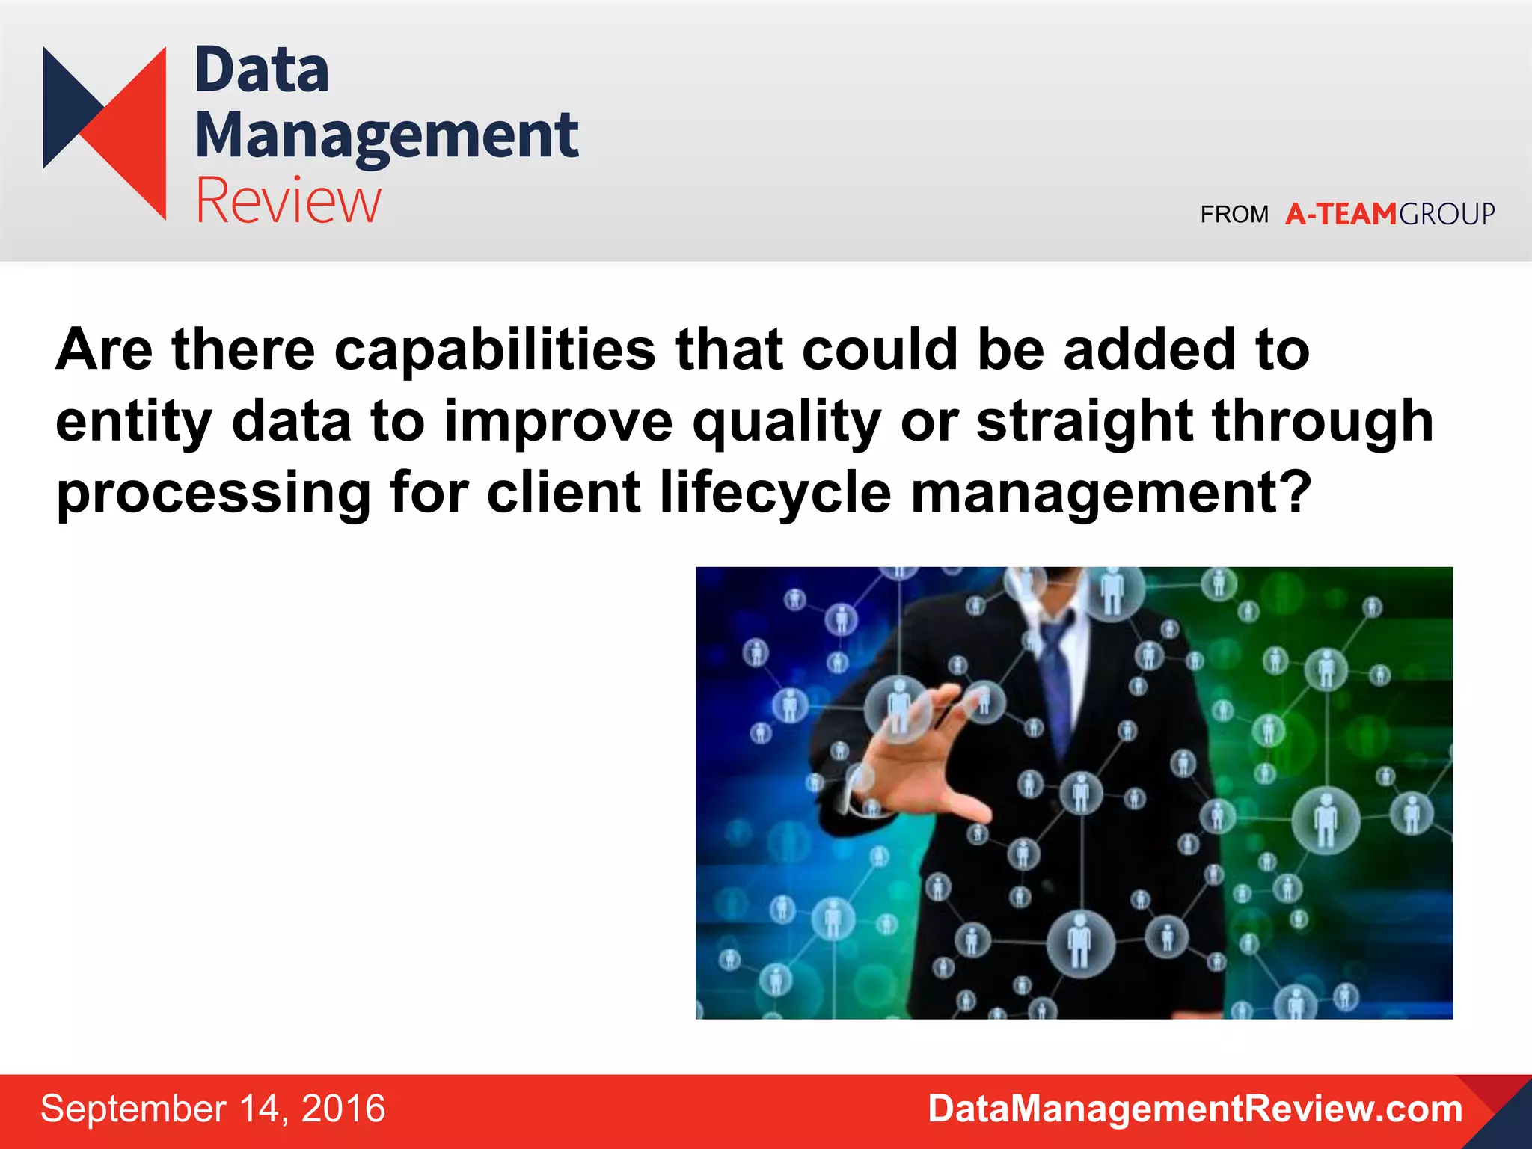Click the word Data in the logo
tap(262, 70)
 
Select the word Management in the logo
tap(387, 136)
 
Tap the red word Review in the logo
tap(289, 200)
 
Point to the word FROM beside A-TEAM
tap(1234, 215)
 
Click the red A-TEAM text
tap(1340, 215)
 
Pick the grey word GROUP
tap(1447, 215)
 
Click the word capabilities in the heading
tap(494, 350)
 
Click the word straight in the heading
tap(1084, 421)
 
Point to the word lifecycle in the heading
tap(775, 494)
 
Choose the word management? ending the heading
tap(1111, 494)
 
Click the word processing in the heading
tap(213, 494)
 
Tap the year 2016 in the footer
tap(343, 1109)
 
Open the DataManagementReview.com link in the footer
tap(1195, 1109)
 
